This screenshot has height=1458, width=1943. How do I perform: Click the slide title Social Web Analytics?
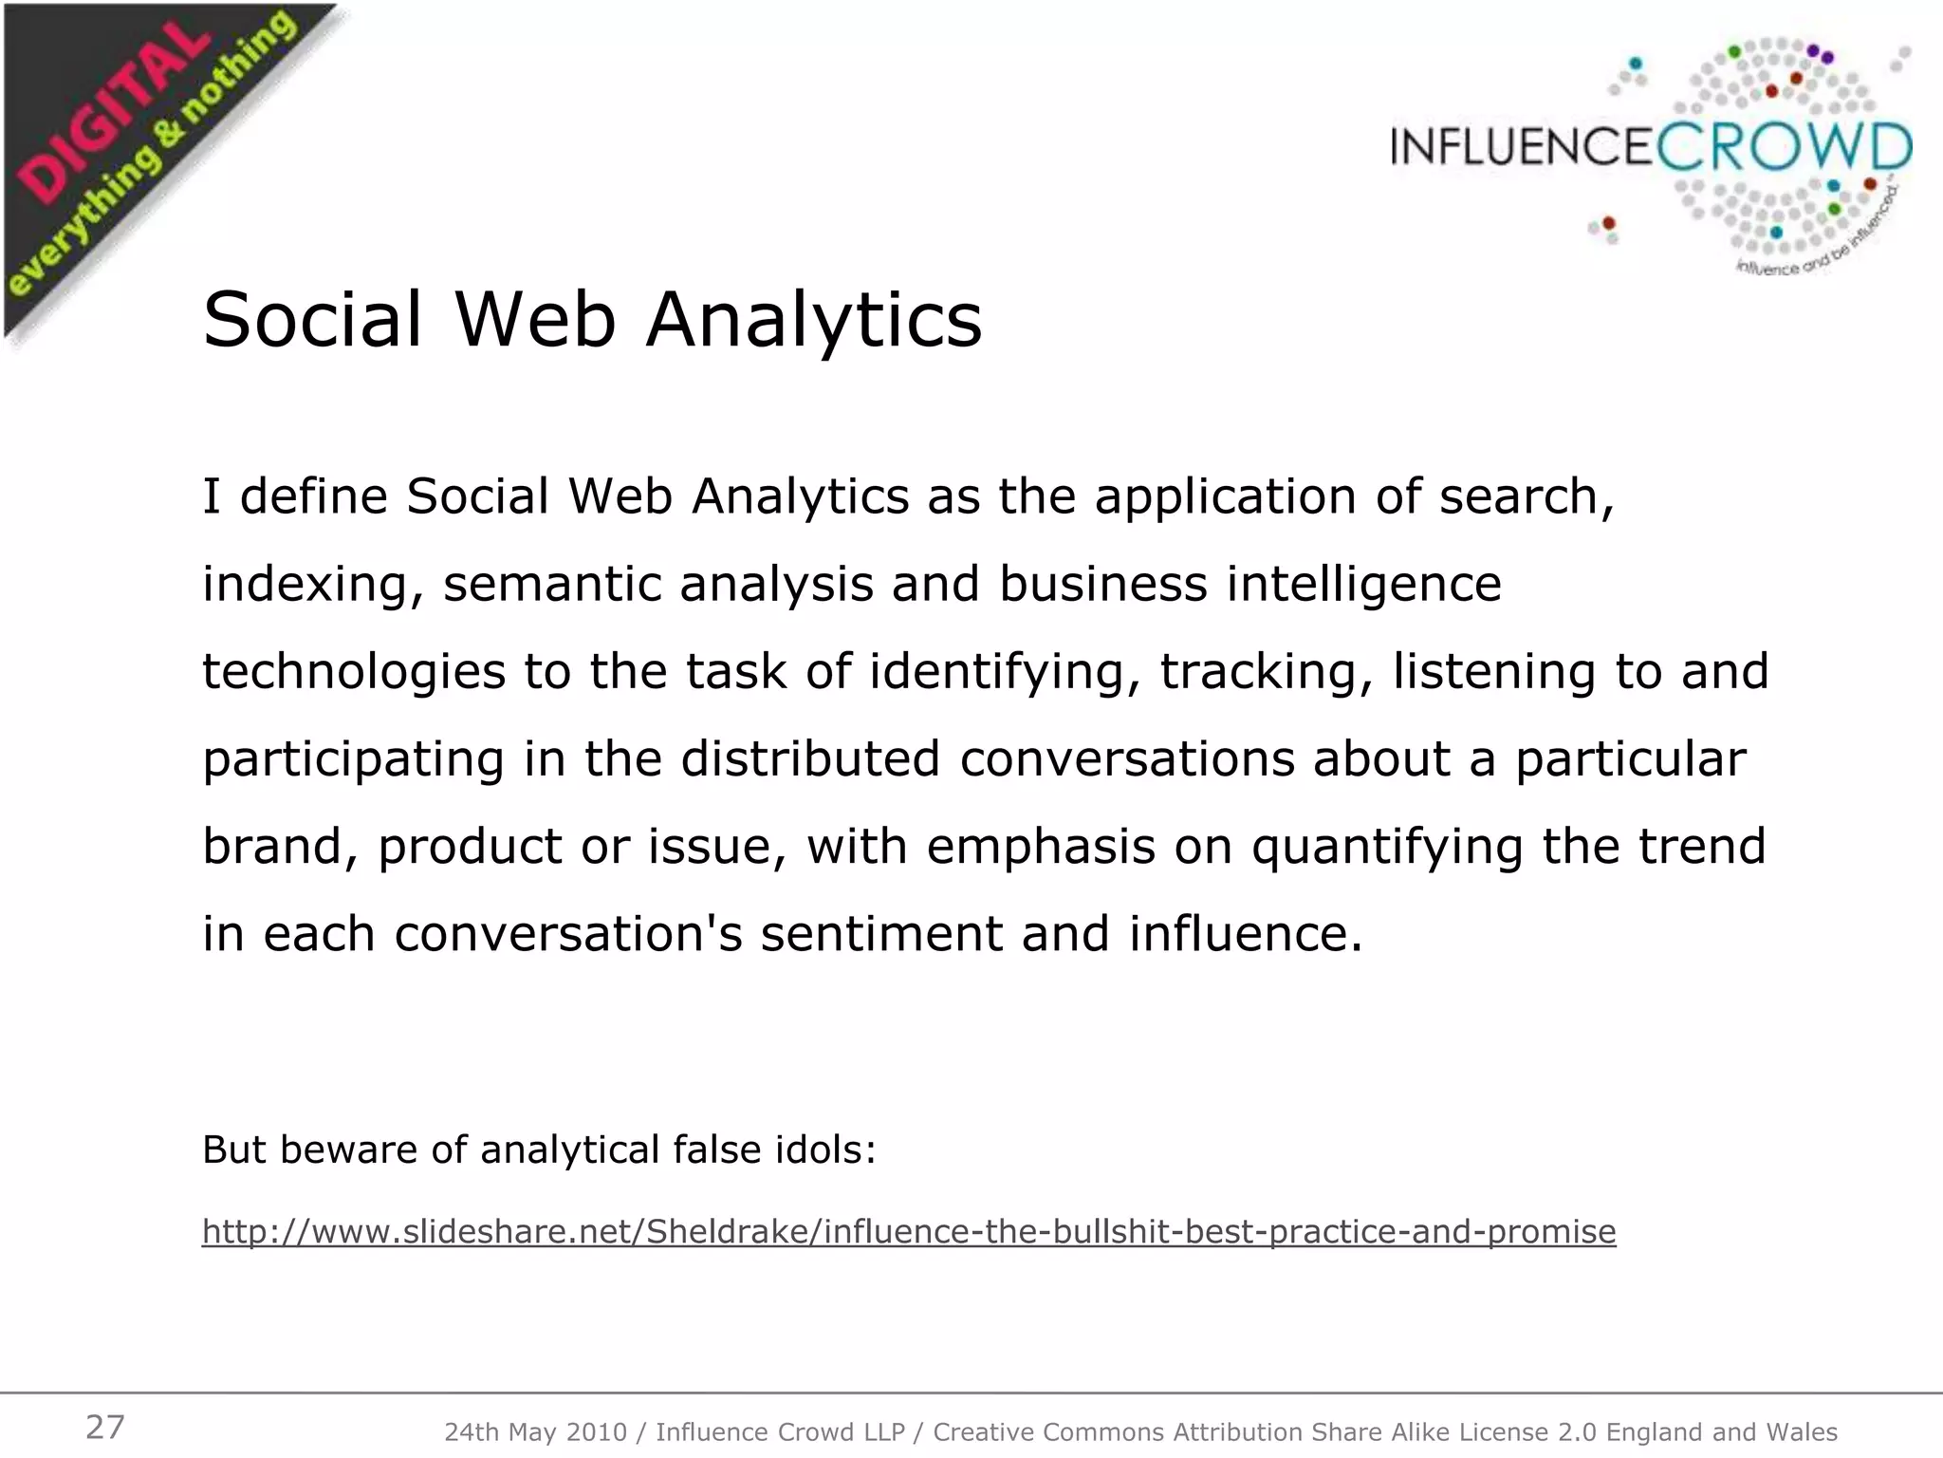click(x=592, y=320)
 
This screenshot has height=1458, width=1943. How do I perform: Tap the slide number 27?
click(x=105, y=1427)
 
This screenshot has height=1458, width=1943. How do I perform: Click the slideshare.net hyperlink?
click(x=909, y=1231)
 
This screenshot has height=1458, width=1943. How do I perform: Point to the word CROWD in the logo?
click(x=1785, y=148)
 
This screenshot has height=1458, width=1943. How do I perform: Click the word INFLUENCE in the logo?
click(x=1524, y=148)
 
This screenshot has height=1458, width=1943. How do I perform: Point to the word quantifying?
click(x=1387, y=848)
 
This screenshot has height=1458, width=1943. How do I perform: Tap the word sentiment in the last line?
click(x=881, y=934)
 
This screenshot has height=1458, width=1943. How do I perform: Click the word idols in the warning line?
click(x=825, y=1150)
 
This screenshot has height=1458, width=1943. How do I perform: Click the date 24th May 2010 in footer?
click(x=535, y=1432)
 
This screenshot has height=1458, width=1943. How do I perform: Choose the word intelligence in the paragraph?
click(x=1363, y=586)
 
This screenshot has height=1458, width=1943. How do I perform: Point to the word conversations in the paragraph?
click(x=1127, y=759)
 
